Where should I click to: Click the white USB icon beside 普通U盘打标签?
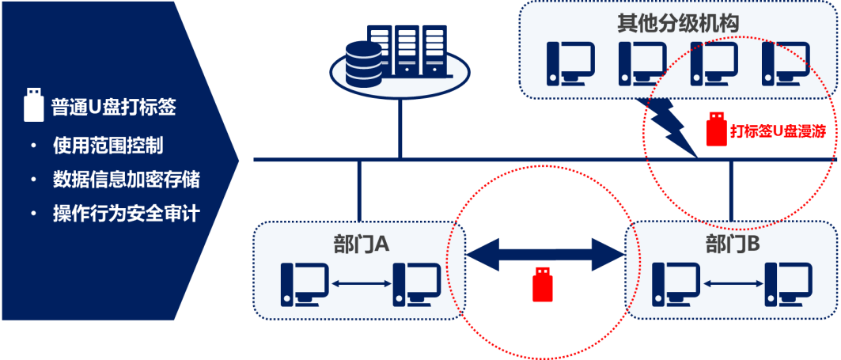coord(33,105)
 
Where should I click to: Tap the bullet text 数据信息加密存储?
coord(125,180)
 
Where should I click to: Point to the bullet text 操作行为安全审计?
coord(125,214)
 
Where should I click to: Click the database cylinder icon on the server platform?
coord(365,64)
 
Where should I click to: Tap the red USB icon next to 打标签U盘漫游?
coord(715,130)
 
